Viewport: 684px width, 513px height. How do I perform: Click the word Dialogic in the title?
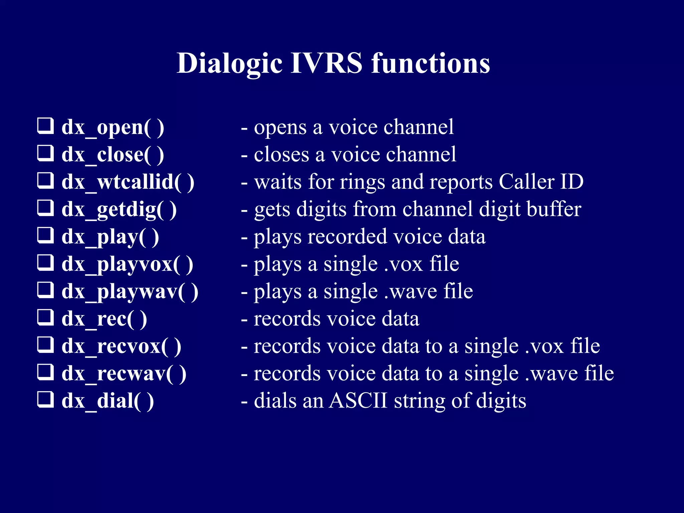coord(229,63)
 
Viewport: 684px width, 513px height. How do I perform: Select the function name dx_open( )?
coord(113,128)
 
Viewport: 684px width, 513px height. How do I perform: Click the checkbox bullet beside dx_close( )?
coord(45,153)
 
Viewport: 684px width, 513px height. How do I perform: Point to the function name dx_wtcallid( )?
coord(128,182)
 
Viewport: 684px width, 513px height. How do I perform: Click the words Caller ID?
coord(541,182)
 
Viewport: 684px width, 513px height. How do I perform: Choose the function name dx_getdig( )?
coord(119,210)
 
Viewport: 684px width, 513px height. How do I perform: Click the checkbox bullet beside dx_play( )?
coord(45,235)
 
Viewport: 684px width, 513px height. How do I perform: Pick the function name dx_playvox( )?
coord(127,265)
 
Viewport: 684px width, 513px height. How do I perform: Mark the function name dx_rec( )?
coord(104,319)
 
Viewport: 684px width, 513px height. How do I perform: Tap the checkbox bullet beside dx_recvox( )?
coord(45,345)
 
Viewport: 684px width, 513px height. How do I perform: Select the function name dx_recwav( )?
coord(124,374)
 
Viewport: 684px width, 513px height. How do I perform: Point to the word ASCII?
coord(358,400)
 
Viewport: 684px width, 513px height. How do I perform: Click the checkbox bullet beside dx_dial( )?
coord(45,400)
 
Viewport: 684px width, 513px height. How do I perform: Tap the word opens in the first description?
coord(280,128)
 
